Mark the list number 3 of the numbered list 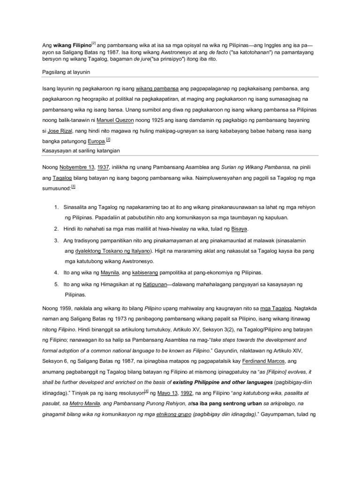(x=55, y=240)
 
